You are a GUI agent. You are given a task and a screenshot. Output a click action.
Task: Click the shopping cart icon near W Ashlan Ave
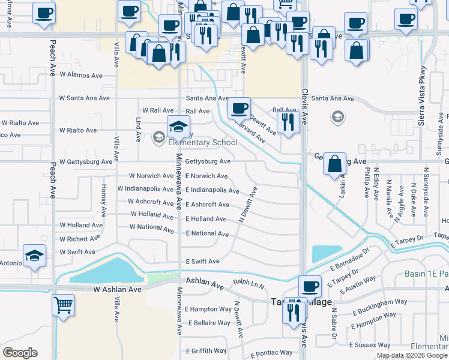[63, 304]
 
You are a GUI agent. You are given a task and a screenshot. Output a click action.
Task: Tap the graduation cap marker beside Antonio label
[35, 255]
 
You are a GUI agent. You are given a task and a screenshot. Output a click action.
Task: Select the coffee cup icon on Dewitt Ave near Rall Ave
[239, 108]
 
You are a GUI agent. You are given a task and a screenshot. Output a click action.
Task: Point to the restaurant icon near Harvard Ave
[289, 122]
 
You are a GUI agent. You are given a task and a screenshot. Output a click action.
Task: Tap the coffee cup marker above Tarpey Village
[310, 286]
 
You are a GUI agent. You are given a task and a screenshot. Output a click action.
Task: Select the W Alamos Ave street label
[80, 76]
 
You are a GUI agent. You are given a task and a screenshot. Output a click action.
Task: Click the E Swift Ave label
[202, 262]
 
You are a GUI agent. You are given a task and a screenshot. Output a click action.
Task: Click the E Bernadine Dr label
[349, 260]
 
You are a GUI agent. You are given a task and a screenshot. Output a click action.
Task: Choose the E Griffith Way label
[206, 350]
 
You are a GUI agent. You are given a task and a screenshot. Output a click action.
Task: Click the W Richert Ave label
[80, 239]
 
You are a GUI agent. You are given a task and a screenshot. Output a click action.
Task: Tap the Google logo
[20, 353]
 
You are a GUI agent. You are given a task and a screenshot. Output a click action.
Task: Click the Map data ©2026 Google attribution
[412, 355]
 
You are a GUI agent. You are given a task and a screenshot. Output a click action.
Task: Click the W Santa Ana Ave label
[84, 98]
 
